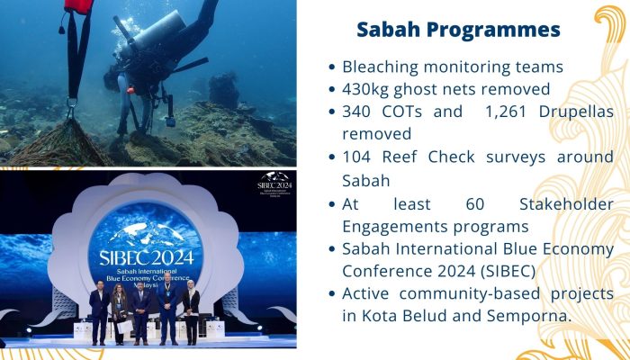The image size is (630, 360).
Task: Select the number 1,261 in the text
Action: (506, 112)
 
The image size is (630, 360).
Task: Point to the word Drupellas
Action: (576, 112)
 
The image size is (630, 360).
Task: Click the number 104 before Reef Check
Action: (356, 157)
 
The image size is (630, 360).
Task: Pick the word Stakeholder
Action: (566, 204)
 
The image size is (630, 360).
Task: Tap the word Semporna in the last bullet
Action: (529, 316)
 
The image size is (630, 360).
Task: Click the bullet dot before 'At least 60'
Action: (331, 204)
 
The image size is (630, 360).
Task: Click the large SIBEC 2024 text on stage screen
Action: (146, 257)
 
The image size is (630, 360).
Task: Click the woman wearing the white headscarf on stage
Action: (191, 311)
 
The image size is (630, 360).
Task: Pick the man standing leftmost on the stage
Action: (99, 312)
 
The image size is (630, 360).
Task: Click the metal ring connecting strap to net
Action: (72, 104)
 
